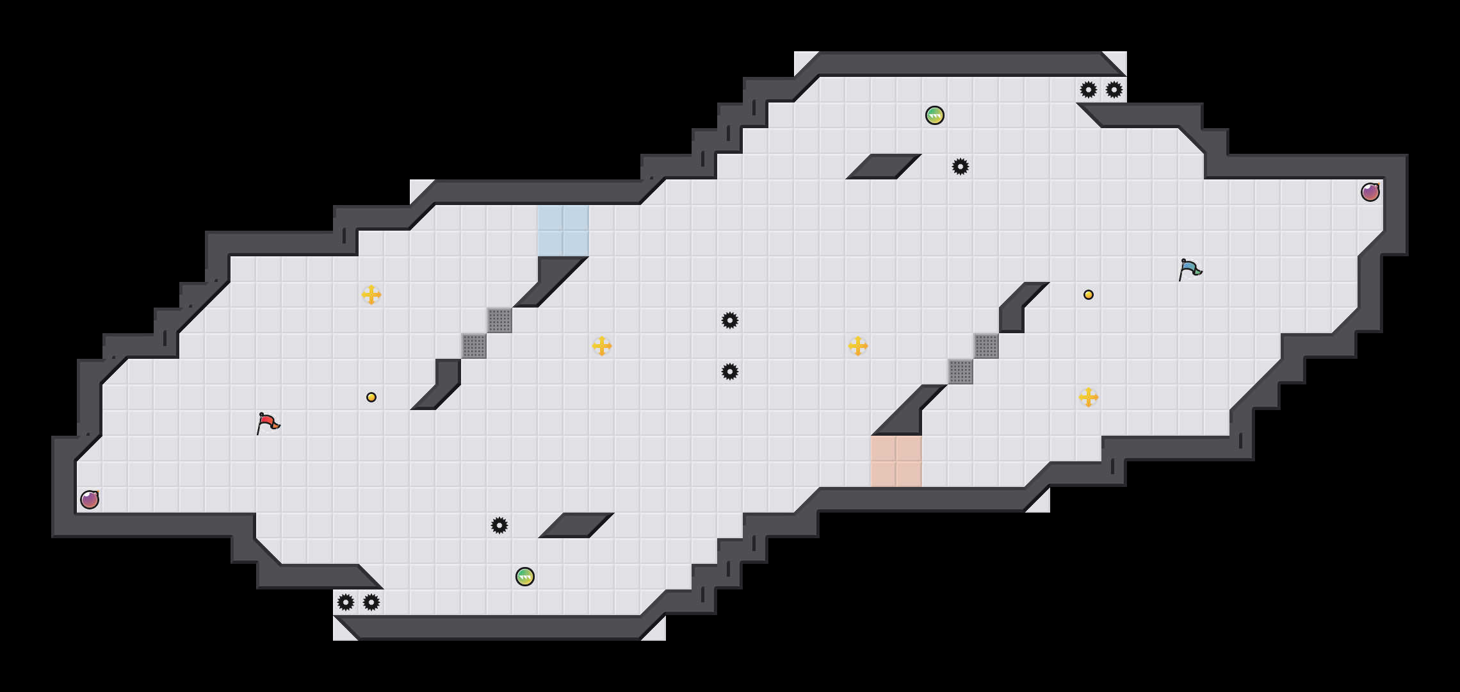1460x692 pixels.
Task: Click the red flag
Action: pos(268,424)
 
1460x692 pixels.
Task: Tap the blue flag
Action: pos(1190,270)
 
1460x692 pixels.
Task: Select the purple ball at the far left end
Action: pos(90,500)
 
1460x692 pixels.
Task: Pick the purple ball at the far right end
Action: pos(1370,192)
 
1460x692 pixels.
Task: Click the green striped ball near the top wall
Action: pos(935,115)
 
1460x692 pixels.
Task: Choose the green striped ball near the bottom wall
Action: pos(525,577)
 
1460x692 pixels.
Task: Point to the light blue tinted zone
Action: pos(564,231)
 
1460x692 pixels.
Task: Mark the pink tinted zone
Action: pos(896,461)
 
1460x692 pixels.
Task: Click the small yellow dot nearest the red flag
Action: pos(371,397)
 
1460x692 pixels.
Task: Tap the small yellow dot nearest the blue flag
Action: pos(1089,295)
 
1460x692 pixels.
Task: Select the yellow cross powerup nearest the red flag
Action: pos(371,295)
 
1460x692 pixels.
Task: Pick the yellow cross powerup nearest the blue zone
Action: pos(602,346)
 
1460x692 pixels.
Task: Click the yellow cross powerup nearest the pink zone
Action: pos(858,346)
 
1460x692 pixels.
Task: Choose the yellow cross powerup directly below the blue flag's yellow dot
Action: pos(1089,397)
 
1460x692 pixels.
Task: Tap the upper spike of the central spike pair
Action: pos(730,320)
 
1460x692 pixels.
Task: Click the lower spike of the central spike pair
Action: pos(730,372)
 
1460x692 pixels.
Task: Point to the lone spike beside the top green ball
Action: pos(961,167)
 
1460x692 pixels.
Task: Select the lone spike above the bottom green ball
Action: pos(499,525)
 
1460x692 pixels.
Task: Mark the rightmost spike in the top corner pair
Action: pos(1114,90)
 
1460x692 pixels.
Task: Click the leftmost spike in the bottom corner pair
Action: pos(346,602)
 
